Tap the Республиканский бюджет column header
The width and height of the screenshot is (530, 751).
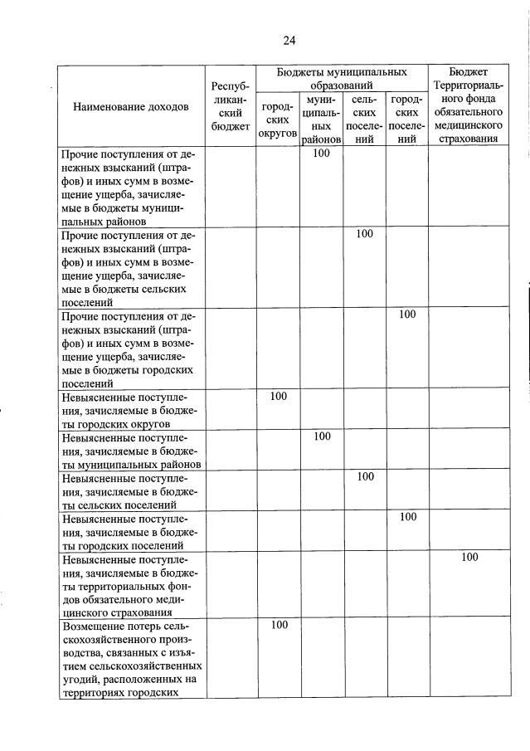pos(230,105)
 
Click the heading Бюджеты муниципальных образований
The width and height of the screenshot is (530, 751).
pos(341,79)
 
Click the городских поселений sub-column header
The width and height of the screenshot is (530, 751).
pos(406,120)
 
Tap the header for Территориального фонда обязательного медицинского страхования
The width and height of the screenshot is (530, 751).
pos(469,105)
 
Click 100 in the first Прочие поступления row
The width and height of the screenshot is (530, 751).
pos(322,154)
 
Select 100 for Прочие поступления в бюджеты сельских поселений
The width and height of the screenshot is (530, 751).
pos(365,234)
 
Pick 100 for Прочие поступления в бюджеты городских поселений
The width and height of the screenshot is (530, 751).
pos(406,315)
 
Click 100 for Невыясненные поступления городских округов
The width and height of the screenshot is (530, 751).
pos(279,396)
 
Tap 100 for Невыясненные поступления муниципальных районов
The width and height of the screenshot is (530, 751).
pos(322,436)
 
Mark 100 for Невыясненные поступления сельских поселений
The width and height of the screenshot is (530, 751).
pos(365,476)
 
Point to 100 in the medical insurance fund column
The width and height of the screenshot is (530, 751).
pos(469,557)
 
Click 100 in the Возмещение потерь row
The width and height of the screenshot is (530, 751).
pos(279,624)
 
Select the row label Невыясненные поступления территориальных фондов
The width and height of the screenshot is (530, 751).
pos(130,585)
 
